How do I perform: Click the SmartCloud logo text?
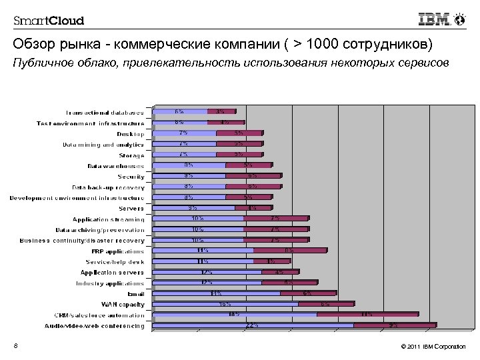(x=49, y=20)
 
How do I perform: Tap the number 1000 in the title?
(x=317, y=45)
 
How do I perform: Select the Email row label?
(x=135, y=293)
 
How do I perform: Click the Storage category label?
(x=131, y=155)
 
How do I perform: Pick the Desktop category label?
(x=130, y=133)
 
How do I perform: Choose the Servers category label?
(x=131, y=209)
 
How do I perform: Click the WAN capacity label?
(x=127, y=304)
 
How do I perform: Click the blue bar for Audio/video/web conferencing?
(x=253, y=325)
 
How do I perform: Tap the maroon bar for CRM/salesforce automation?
(x=367, y=314)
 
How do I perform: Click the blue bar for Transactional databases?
(x=180, y=111)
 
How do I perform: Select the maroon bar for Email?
(x=308, y=293)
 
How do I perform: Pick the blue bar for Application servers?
(x=207, y=272)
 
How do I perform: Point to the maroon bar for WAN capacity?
(x=325, y=303)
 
